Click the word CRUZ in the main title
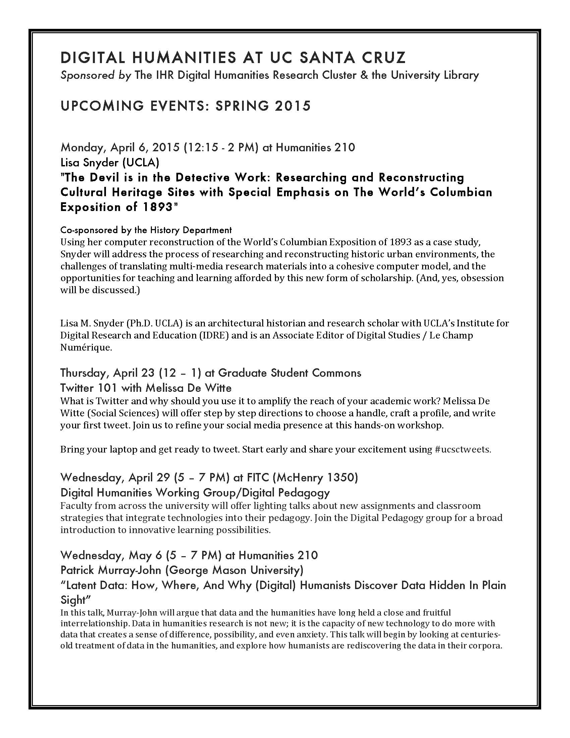coord(384,57)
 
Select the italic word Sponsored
coord(88,75)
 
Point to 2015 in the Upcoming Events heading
coord(293,106)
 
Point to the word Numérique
coord(85,347)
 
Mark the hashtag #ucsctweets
coord(463,450)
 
